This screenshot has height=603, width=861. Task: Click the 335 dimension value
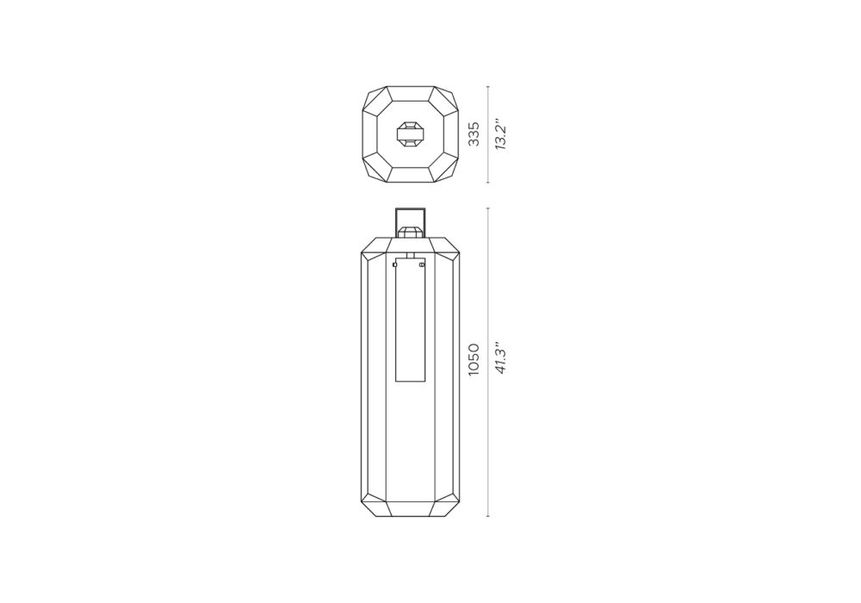(474, 134)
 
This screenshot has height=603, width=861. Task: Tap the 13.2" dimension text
(499, 134)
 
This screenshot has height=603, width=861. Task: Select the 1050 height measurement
(474, 360)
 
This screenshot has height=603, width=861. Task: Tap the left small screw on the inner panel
(395, 265)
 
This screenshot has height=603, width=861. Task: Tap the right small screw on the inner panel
(422, 265)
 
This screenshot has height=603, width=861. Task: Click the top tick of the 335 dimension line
(488, 86)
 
